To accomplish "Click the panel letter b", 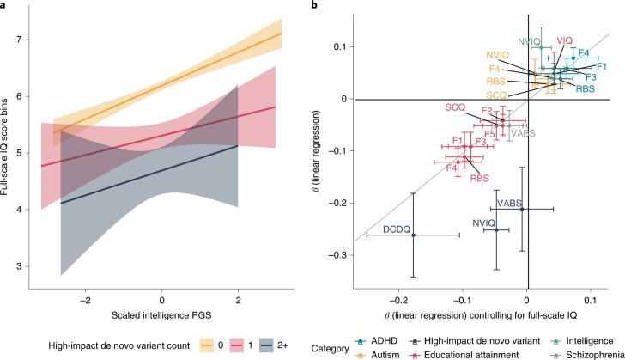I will pos(317,5).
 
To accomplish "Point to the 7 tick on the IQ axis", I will pos(33,40).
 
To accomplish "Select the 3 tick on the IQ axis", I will pos(33,266).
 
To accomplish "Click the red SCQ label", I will pos(456,107).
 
